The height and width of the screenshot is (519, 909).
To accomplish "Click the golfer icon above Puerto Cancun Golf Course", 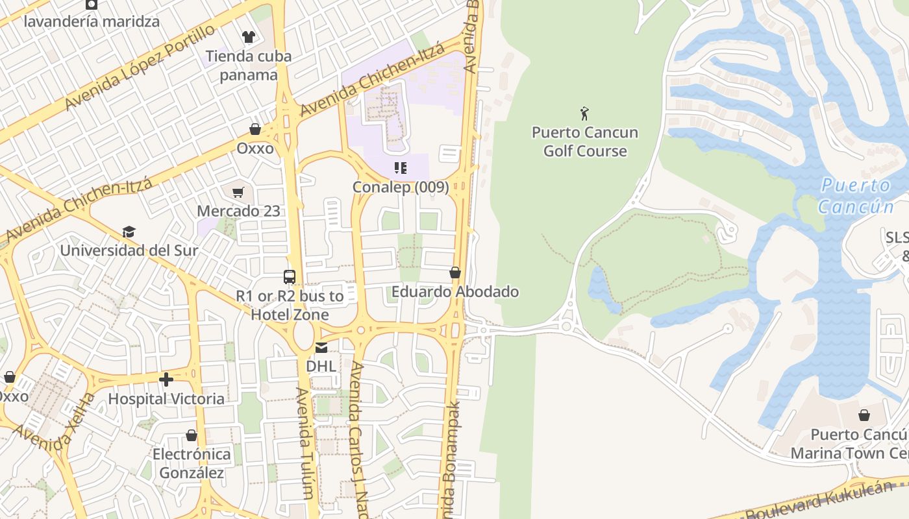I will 584,114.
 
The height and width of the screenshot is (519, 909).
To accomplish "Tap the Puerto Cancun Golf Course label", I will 585,141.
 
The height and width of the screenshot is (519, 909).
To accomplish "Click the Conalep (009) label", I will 401,187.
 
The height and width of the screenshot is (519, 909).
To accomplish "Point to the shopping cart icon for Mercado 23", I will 238,192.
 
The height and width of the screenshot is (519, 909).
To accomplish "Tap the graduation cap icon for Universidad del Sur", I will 129,232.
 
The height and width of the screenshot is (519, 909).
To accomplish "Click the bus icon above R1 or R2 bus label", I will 290,277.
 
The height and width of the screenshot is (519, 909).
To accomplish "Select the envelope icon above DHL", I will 321,347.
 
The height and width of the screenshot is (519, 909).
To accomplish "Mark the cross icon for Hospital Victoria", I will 166,380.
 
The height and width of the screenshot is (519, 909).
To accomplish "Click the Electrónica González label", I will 192,463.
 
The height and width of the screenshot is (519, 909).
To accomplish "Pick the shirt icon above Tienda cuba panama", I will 248,37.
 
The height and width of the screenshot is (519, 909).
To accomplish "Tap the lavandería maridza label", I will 92,21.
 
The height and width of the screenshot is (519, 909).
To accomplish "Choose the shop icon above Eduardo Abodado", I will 455,272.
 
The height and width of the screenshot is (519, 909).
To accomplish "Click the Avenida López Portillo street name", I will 139,67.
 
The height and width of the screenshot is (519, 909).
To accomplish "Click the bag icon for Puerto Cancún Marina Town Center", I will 864,415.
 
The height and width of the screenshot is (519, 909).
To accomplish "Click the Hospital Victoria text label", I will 166,398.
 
